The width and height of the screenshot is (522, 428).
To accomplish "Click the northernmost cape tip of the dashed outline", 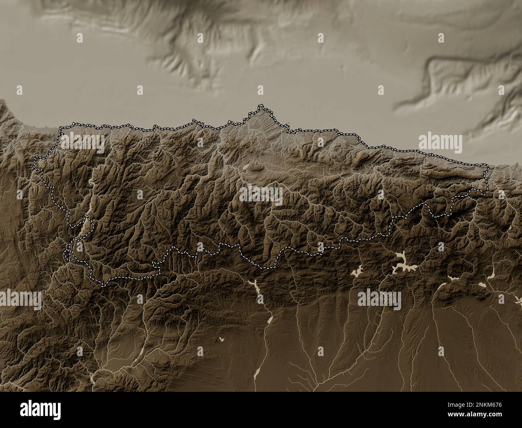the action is pyautogui.click(x=261, y=106).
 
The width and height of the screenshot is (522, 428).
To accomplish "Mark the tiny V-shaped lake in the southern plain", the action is pyautogui.click(x=222, y=340).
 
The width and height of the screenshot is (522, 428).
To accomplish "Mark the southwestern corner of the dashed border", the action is pyautogui.click(x=102, y=285).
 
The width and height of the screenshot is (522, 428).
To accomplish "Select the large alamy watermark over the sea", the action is pyautogui.click(x=440, y=142).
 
